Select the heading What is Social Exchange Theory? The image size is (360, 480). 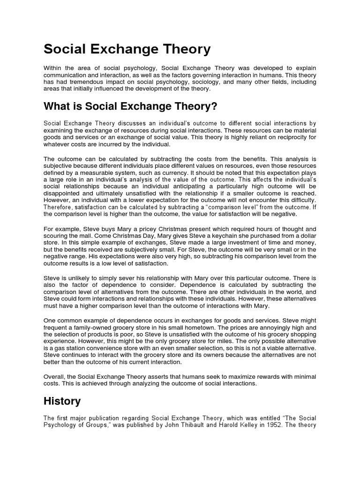[x=130, y=107]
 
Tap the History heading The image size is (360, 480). [x=62, y=401]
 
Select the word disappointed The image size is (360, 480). [x=63, y=193]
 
